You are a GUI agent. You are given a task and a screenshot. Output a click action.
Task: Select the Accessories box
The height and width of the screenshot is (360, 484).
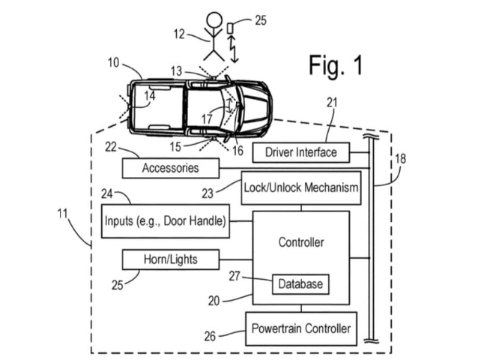(170, 168)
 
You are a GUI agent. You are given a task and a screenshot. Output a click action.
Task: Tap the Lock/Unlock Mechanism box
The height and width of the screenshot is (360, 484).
(300, 187)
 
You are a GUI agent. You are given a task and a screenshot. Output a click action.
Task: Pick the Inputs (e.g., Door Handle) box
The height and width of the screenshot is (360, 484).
(165, 220)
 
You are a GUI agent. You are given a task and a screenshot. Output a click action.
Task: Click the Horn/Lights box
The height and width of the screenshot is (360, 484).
(170, 259)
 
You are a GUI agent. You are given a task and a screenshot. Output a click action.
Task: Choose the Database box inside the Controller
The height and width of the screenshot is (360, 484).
(300, 283)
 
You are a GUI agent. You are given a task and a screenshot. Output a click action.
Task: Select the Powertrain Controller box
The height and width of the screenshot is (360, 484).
(300, 328)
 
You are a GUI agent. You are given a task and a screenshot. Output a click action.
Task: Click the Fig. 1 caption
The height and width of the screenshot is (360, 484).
(335, 65)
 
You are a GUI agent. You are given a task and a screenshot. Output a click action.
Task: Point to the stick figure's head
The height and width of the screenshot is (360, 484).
(215, 21)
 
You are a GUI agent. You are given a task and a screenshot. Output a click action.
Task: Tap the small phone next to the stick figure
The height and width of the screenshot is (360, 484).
(232, 28)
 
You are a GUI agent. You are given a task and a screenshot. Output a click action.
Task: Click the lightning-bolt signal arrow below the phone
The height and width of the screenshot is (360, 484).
(234, 51)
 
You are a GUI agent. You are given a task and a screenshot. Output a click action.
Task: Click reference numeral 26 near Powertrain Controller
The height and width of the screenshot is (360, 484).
(211, 337)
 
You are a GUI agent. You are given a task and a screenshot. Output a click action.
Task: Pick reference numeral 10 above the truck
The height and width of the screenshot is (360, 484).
(112, 63)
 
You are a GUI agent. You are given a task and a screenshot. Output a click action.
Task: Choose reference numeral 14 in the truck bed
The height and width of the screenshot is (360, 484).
(150, 96)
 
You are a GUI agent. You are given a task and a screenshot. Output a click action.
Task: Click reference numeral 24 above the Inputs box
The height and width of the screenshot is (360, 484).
(108, 193)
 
